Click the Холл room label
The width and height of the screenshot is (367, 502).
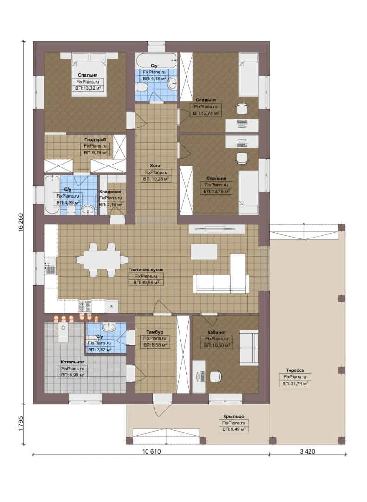point(155,165)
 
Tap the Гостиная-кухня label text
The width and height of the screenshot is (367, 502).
point(146,270)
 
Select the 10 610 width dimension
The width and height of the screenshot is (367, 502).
point(152,451)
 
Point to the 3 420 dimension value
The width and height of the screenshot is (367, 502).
point(307,451)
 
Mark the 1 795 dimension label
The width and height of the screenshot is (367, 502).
point(21,424)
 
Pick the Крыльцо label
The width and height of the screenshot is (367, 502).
point(234,416)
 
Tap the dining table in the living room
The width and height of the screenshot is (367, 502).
point(102,259)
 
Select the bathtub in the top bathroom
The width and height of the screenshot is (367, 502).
point(156,60)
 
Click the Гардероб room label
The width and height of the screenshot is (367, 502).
point(95,139)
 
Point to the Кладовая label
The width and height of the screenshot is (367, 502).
point(110,192)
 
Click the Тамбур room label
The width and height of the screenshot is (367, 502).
point(155,332)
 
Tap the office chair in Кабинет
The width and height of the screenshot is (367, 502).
point(216,376)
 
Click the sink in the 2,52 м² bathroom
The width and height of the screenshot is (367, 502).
point(109,327)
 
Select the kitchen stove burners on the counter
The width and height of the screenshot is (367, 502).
point(85,306)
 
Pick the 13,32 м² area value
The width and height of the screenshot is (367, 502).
point(88,88)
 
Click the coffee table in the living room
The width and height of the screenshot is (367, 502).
point(204,251)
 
